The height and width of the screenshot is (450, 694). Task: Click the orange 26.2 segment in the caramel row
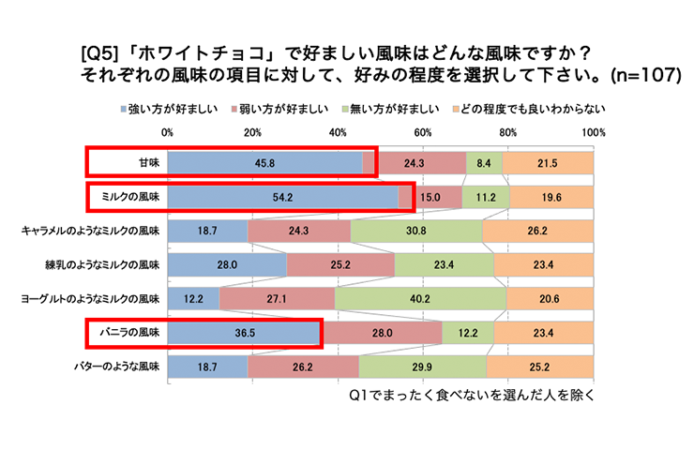pyautogui.click(x=537, y=231)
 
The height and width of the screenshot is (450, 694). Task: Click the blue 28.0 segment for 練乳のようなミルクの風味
pyautogui.click(x=228, y=264)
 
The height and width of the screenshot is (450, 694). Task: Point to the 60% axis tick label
pyautogui.click(x=423, y=132)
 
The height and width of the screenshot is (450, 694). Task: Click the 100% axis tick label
pyautogui.click(x=593, y=132)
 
